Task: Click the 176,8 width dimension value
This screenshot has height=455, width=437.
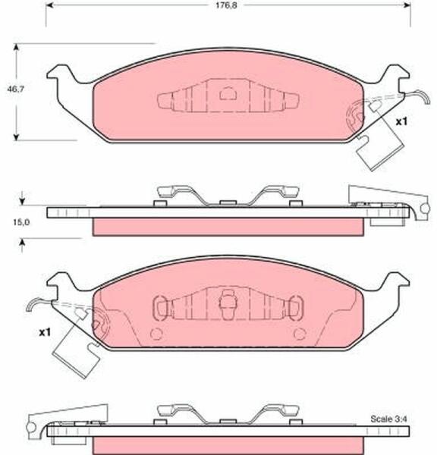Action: (226, 5)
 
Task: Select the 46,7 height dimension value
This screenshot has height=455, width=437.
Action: (16, 89)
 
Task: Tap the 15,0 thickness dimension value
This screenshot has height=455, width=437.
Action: (21, 222)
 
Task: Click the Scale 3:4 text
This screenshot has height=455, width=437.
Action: (388, 419)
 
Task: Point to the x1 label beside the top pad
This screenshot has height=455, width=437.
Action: (402, 122)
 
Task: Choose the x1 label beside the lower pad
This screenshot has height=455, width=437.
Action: (45, 333)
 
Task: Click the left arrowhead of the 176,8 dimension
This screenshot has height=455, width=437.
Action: (50, 5)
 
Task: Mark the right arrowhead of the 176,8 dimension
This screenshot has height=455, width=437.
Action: (407, 5)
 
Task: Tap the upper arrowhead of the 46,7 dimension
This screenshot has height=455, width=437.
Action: (17, 47)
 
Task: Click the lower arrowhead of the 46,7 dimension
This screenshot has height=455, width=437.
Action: (17, 136)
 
